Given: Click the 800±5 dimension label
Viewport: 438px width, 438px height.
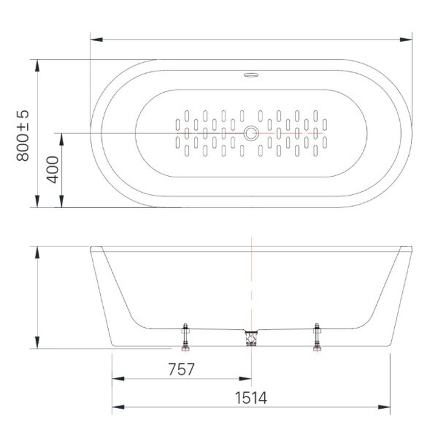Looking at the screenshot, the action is coord(23,136).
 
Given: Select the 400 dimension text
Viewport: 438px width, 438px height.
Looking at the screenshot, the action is coord(53,170).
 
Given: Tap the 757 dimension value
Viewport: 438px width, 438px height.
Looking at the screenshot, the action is coord(181,369).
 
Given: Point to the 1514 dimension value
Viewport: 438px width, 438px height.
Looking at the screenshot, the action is coord(251,398).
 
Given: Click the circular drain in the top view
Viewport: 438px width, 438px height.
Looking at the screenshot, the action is coord(251,133).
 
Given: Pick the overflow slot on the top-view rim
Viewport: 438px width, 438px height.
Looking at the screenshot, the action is coord(251,75).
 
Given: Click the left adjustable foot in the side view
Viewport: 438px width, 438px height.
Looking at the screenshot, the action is coord(186,337).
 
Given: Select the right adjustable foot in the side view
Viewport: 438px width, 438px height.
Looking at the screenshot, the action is coord(317,337).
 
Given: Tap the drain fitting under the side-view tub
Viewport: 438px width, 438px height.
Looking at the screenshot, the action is coord(251,338).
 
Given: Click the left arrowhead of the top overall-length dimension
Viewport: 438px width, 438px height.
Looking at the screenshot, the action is coord(97,40).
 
